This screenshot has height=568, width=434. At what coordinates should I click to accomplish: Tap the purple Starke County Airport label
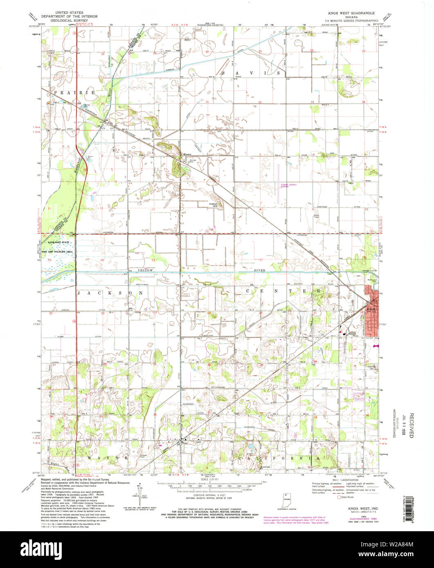[x=288, y=186]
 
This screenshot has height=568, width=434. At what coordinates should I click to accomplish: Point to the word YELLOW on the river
[x=145, y=271]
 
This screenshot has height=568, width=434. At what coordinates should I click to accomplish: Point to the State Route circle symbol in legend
[x=338, y=497]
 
